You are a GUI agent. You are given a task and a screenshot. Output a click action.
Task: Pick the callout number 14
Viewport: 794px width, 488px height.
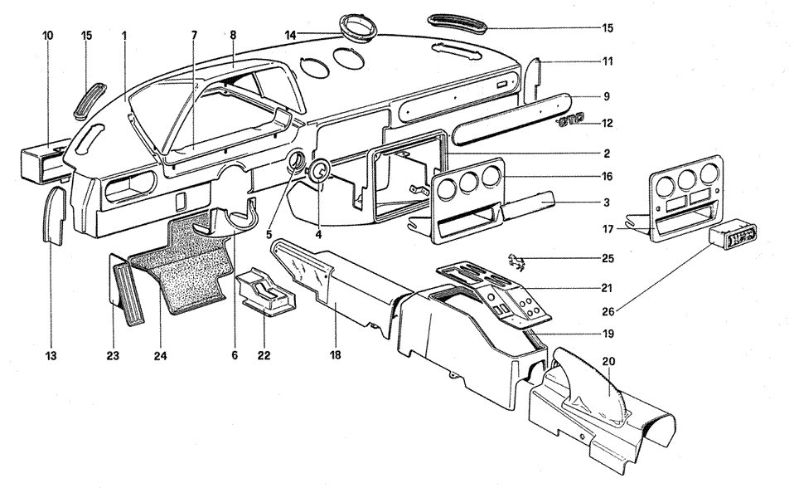pos(290,35)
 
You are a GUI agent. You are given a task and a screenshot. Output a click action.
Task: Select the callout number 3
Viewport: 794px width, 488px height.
pos(608,202)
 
